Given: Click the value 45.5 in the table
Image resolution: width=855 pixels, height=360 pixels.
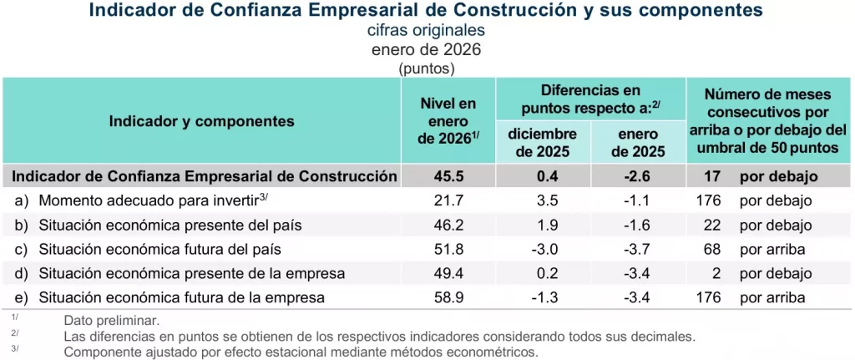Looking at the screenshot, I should click(x=447, y=176).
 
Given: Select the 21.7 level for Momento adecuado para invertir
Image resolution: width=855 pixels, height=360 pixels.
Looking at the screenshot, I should click(x=447, y=201).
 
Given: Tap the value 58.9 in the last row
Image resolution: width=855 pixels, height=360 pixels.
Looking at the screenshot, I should click(x=447, y=298).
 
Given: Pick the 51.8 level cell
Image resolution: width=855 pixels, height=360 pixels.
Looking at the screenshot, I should click(x=447, y=250).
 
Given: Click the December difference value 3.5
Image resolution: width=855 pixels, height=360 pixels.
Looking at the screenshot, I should click(x=543, y=201).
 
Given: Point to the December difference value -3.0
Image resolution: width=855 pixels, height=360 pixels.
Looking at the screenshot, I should click(x=543, y=250).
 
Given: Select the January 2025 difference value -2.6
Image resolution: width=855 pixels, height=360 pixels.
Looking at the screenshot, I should click(x=638, y=176).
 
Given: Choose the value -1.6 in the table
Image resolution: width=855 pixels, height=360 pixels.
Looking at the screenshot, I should click(x=638, y=226).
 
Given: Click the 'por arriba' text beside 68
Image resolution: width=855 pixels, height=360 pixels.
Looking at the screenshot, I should click(x=772, y=250).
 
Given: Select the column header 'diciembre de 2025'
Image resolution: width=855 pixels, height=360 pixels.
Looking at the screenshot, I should click(x=543, y=143).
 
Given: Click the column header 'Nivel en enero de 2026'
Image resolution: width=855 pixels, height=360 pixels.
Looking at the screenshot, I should click(x=447, y=121).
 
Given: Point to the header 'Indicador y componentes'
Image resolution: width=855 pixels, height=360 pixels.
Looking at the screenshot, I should click(x=201, y=121).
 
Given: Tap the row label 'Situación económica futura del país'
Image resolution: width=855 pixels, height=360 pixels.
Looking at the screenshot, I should click(x=159, y=250).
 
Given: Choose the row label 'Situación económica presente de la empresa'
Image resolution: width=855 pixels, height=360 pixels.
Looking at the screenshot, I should click(x=192, y=274).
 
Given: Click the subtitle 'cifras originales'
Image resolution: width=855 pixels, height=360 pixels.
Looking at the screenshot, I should click(x=426, y=30).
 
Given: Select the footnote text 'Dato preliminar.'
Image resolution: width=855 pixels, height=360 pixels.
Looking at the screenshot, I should click(x=111, y=321).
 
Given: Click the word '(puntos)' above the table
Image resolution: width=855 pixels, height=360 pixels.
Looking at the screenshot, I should click(x=426, y=68).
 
